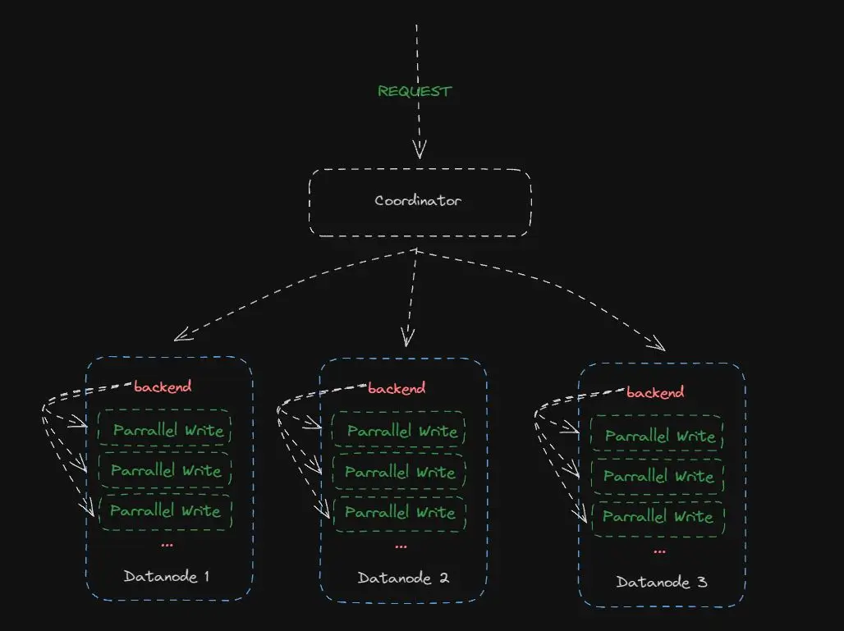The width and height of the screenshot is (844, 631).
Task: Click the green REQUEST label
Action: point(415,91)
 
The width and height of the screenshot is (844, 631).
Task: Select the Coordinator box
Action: point(420,202)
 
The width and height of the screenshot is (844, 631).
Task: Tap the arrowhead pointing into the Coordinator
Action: point(420,151)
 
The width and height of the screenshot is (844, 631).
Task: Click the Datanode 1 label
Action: point(167,576)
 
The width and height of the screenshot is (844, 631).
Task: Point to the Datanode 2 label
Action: point(403,578)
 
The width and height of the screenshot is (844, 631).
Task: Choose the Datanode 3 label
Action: point(662,582)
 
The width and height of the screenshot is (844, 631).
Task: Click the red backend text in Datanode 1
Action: point(163,386)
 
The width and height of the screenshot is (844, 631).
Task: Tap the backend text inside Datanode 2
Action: point(397,388)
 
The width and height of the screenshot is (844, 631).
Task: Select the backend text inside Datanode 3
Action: point(655,392)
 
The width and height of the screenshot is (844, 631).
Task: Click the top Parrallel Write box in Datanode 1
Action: point(165,430)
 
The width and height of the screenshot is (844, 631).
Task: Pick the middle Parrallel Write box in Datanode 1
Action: point(165,470)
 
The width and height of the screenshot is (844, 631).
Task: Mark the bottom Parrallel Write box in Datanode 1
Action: point(165,510)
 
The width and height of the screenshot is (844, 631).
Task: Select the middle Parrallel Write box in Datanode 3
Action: point(657,476)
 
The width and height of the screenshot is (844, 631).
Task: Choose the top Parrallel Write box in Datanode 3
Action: point(657,436)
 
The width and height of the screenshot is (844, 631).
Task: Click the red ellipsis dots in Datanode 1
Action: point(167,544)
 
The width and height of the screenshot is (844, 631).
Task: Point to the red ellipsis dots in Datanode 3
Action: point(659,551)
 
